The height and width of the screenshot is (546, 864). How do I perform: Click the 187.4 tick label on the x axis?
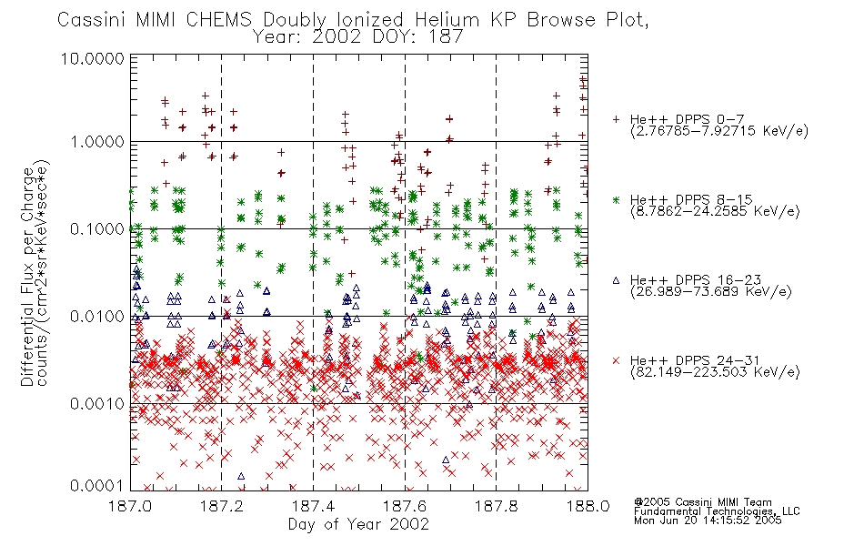pyautogui.click(x=313, y=505)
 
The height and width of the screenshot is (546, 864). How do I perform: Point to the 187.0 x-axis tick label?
pyautogui.click(x=130, y=505)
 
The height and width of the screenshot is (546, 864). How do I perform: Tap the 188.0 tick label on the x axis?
pyautogui.click(x=588, y=505)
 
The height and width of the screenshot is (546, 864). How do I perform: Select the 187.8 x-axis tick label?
pyautogui.click(x=496, y=505)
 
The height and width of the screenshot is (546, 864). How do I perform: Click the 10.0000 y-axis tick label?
pyautogui.click(x=93, y=58)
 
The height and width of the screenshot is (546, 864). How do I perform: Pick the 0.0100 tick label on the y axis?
pyautogui.click(x=97, y=317)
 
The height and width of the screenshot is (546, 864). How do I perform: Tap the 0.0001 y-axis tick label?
pyautogui.click(x=97, y=485)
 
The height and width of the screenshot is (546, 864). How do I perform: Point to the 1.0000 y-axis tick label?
pyautogui.click(x=97, y=142)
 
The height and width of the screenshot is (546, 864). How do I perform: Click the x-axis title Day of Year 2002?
pyautogui.click(x=358, y=524)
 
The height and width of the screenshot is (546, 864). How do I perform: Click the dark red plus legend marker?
pyautogui.click(x=616, y=119)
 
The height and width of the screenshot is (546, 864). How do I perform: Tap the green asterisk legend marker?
pyautogui.click(x=616, y=199)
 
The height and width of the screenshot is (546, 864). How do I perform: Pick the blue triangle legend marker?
pyautogui.click(x=616, y=280)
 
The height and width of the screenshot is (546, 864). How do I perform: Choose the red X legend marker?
pyautogui.click(x=616, y=360)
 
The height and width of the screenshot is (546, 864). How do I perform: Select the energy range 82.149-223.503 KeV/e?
pyautogui.click(x=715, y=372)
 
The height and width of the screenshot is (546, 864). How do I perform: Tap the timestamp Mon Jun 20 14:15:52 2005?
pyautogui.click(x=708, y=521)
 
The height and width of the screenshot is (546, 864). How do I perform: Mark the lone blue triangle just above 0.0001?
pyautogui.click(x=241, y=476)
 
